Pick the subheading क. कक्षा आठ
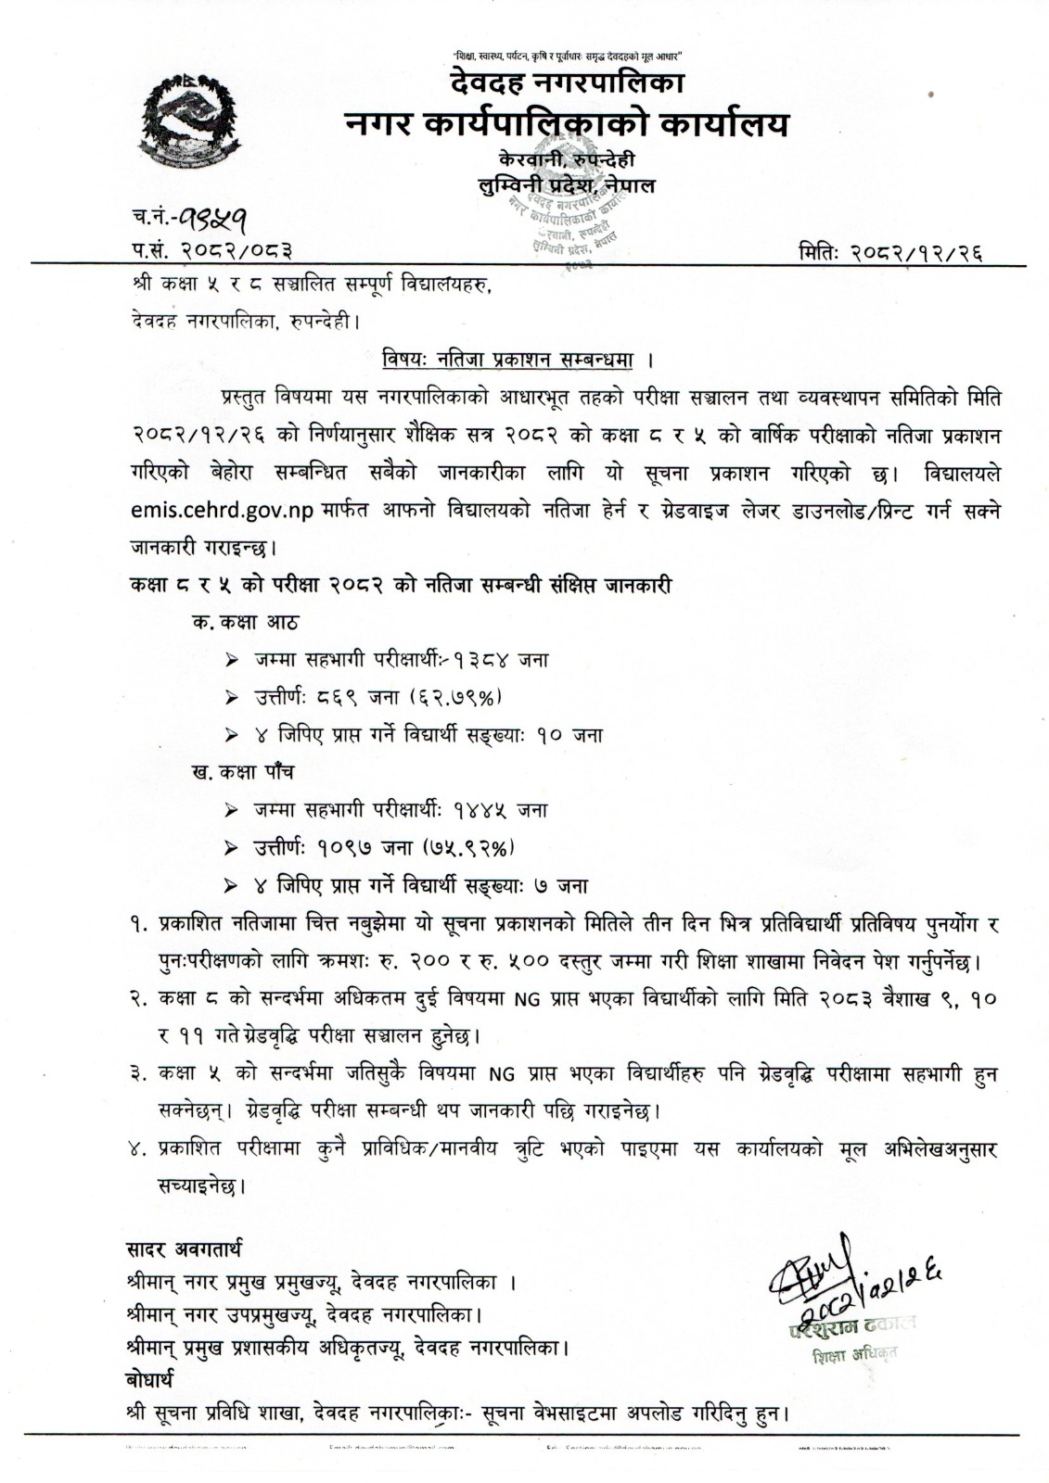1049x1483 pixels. click(246, 621)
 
